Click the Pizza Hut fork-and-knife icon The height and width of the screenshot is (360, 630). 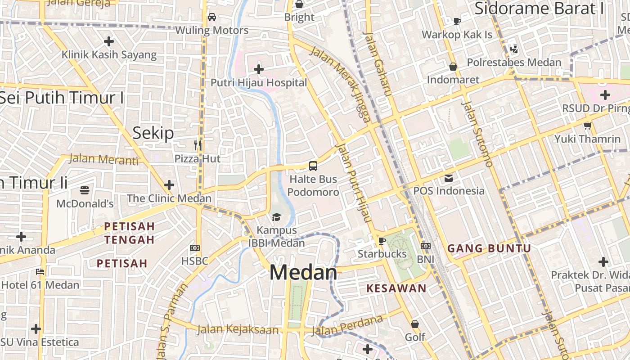point(198,145)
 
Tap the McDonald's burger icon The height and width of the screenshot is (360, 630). point(85,190)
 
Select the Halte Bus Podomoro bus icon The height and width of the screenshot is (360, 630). point(313,166)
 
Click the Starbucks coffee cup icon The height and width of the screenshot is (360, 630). point(382,241)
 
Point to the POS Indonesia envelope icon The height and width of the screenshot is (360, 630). point(449,178)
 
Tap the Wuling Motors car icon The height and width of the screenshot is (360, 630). point(211,17)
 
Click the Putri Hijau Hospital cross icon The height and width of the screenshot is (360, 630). point(259,69)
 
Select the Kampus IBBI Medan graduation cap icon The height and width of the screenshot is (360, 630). point(276,217)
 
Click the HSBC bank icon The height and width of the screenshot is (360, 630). point(195,247)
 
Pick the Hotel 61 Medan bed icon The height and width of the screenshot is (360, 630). point(40,271)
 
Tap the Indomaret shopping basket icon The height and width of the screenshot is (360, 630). point(453,67)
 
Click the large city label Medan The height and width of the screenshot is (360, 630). point(303,273)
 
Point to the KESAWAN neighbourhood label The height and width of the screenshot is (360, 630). point(396,288)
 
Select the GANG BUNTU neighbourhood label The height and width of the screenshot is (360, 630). point(489,248)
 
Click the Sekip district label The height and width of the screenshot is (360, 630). point(153,133)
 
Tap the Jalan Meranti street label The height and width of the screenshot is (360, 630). point(104,159)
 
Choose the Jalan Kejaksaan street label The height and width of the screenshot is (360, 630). point(238,329)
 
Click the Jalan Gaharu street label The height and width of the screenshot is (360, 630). point(377,63)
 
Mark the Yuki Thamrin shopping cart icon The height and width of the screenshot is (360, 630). point(587,126)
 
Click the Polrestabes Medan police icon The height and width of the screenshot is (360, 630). point(513,49)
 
